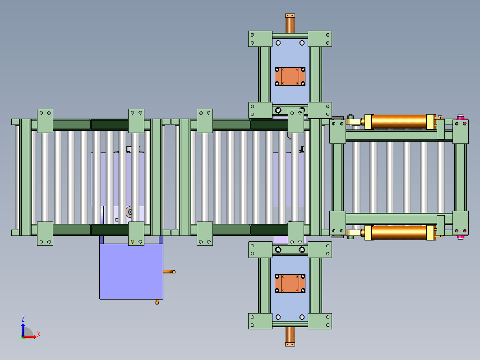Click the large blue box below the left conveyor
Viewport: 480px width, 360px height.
click(131, 271)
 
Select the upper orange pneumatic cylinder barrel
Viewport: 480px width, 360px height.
click(399, 121)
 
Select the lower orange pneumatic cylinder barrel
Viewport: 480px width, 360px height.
click(399, 232)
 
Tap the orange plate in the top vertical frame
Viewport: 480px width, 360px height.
click(290, 77)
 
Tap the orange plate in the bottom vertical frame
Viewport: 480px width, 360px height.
click(290, 283)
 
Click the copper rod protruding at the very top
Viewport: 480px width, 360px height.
click(290, 23)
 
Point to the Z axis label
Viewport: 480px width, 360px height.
click(23, 318)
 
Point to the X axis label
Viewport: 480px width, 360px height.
click(39, 334)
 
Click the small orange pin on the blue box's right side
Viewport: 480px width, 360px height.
click(170, 272)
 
